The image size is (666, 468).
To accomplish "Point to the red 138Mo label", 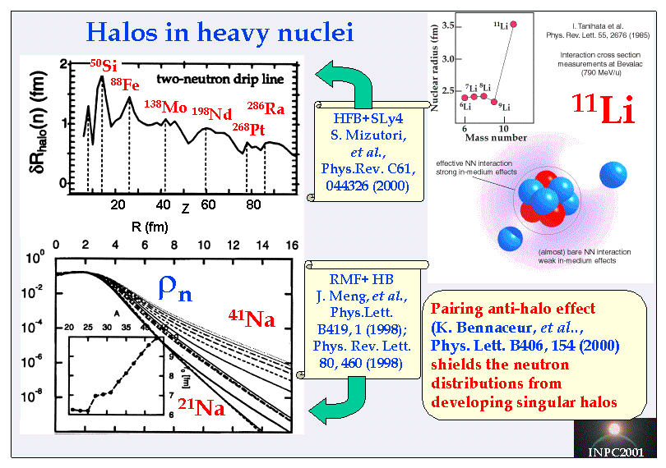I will click(x=165, y=108).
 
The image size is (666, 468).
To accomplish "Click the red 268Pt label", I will click(x=247, y=128).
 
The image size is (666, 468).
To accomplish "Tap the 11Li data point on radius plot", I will click(x=514, y=24).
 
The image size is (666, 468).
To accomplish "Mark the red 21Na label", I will click(x=200, y=404).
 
